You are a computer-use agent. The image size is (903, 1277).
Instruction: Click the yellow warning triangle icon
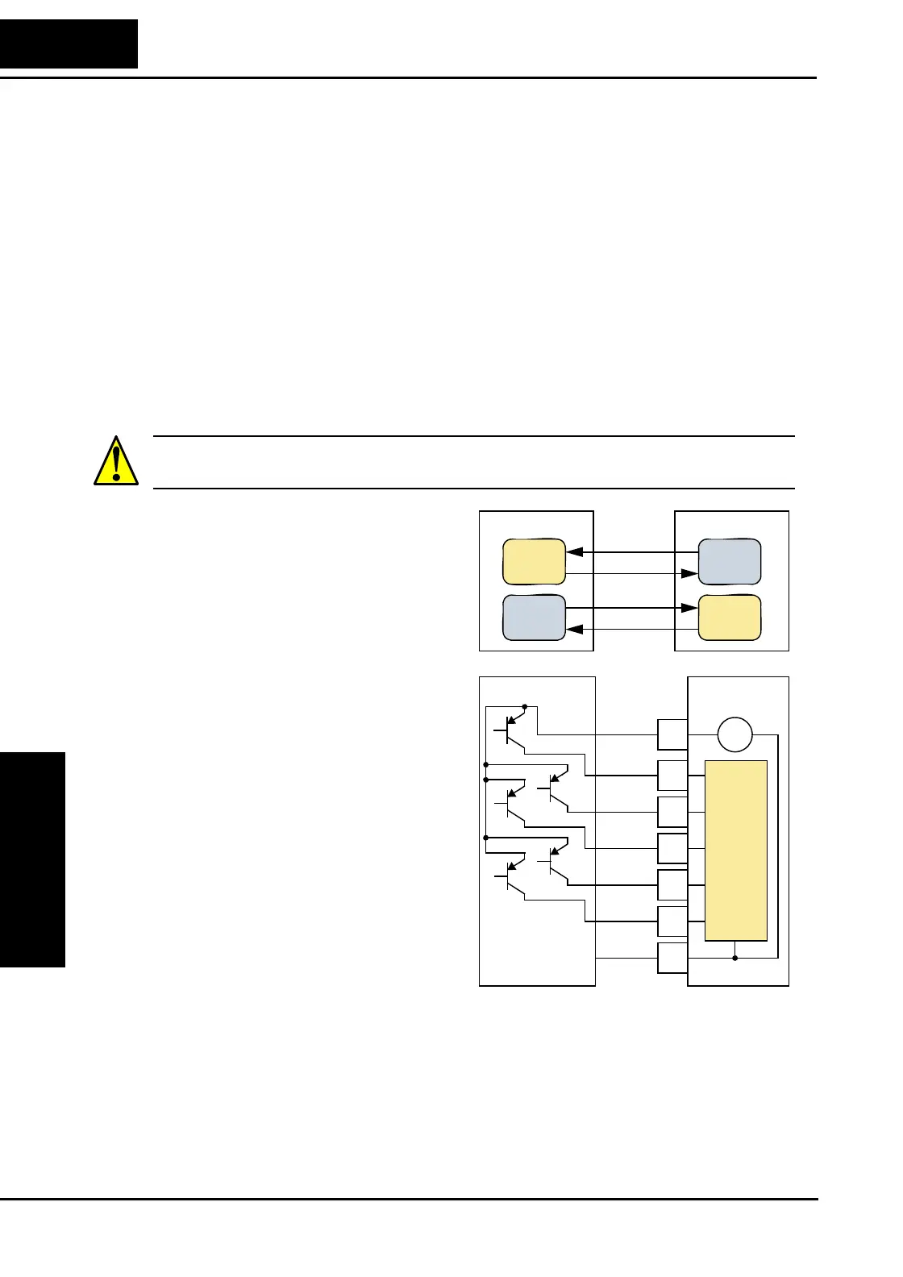tap(116, 462)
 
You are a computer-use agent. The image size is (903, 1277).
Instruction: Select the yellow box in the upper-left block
tap(534, 562)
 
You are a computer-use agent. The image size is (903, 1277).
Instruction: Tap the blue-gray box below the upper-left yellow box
tap(534, 618)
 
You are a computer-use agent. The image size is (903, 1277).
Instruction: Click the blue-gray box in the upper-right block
tap(729, 562)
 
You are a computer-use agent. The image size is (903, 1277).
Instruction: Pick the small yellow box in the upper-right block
tap(729, 618)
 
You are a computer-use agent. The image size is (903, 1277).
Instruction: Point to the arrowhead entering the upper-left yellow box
tap(575, 552)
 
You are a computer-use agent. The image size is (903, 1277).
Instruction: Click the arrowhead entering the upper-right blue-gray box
tap(689, 573)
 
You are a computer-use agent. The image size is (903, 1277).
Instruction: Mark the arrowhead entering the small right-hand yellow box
tap(689, 608)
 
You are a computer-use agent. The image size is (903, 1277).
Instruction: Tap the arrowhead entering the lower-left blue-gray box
tap(575, 629)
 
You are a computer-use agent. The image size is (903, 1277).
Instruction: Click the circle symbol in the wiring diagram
tap(734, 735)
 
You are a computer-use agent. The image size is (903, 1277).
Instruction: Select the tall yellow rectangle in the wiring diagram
tap(735, 850)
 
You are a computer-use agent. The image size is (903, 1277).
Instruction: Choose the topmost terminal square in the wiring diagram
tap(672, 735)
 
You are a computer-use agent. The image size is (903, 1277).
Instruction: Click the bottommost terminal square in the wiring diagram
tap(672, 958)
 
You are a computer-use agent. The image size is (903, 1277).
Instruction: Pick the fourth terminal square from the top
tap(672, 848)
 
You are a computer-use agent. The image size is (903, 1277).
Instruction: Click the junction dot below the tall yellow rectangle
tap(734, 958)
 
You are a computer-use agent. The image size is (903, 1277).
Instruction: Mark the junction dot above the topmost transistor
tap(525, 706)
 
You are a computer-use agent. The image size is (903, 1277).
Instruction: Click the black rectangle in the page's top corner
tap(69, 44)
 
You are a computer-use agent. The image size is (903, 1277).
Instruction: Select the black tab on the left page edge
tap(32, 859)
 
